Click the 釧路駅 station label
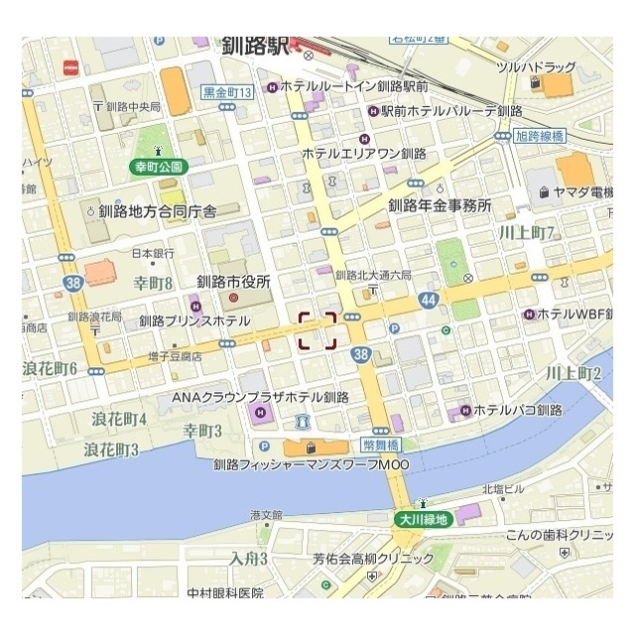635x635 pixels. click(256, 46)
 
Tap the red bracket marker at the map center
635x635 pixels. click(317, 330)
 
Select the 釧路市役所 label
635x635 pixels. click(234, 281)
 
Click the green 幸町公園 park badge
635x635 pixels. click(159, 168)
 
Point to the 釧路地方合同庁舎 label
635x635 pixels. click(164, 210)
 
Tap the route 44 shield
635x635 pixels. click(428, 298)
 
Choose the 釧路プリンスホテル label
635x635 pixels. click(194, 320)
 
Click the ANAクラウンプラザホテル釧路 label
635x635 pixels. click(261, 397)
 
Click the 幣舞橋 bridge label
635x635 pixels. click(379, 418)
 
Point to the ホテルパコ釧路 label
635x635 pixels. click(517, 409)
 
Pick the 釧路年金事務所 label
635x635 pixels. click(440, 205)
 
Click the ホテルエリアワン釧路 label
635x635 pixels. click(363, 154)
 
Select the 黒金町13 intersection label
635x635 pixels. click(228, 92)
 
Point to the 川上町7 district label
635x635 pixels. click(527, 233)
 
